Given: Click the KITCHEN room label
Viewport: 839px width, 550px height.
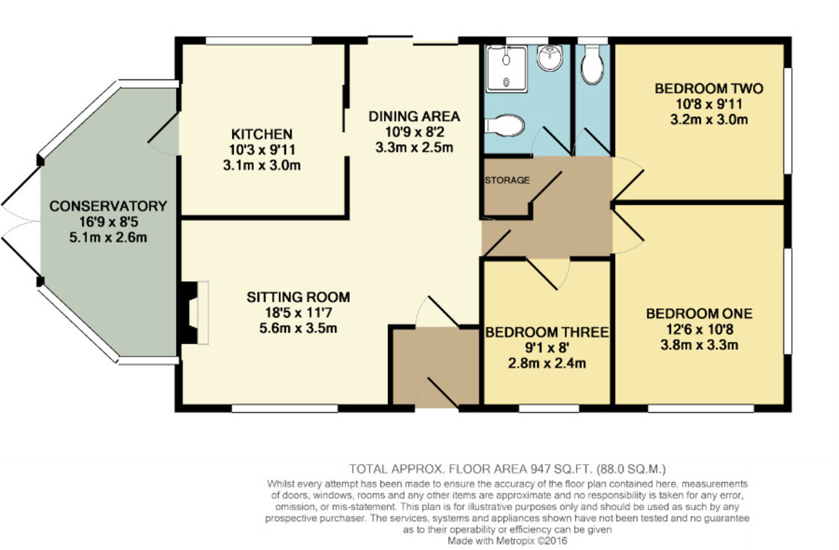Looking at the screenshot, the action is (261, 134).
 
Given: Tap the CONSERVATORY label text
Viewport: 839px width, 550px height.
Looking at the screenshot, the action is (108, 206).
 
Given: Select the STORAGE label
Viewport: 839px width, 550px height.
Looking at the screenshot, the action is (507, 180).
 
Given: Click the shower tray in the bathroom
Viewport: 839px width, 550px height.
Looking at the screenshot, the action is (506, 69).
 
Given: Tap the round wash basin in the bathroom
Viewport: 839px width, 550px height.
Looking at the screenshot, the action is (550, 58).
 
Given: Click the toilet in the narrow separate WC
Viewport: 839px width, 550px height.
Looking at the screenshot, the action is (592, 65).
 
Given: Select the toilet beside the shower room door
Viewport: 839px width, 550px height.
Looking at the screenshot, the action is (504, 125).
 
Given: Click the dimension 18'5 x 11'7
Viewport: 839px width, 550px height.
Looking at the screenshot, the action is (298, 312).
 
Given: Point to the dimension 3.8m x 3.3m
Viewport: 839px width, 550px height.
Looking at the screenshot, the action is (699, 345).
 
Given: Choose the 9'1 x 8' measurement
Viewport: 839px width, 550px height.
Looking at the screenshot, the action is (547, 348).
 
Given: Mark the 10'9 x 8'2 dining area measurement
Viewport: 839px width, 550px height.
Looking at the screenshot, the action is (414, 132).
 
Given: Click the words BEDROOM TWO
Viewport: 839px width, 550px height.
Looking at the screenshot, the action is (709, 89).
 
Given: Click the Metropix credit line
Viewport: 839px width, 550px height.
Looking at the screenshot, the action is (507, 541).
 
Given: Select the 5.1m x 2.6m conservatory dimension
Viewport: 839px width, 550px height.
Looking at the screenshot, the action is (108, 238).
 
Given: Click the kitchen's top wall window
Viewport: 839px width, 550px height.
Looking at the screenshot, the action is (259, 41).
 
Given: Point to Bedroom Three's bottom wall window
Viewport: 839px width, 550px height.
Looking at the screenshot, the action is (549, 408).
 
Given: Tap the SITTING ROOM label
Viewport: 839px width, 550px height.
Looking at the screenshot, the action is (298, 297).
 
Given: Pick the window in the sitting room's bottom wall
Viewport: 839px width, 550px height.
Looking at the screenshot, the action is (285, 408).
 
